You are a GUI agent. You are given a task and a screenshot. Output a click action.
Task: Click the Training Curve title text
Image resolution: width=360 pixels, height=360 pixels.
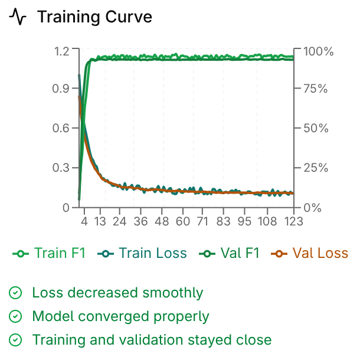click(x=94, y=17)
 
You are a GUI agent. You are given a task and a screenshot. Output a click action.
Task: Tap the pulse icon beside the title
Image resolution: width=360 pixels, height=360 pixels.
click(x=18, y=18)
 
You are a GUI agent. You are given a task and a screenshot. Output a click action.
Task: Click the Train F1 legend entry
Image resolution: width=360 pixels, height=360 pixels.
click(x=50, y=254)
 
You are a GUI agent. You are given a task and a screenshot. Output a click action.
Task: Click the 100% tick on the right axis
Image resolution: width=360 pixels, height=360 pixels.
click(x=318, y=51)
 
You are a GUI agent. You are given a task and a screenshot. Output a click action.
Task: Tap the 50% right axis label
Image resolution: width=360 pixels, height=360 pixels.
click(x=316, y=128)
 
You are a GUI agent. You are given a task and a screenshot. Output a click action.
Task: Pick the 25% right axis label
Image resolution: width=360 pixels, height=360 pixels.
click(x=316, y=168)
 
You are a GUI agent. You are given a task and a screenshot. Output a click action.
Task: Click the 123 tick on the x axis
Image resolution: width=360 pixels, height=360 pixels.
click(x=293, y=221)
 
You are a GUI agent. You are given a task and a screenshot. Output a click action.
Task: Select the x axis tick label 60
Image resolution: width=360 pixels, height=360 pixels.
click(x=183, y=221)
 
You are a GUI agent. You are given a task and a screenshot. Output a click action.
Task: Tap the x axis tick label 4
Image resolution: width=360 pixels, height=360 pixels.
click(x=84, y=221)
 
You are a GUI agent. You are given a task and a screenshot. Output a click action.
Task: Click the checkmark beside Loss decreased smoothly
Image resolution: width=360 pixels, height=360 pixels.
click(x=16, y=293)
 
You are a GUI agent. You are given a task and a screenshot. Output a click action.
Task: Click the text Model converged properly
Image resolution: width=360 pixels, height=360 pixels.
click(x=120, y=316)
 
